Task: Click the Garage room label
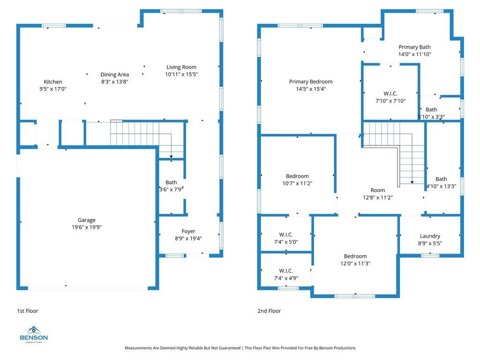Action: [87, 220]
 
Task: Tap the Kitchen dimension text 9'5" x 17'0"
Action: [53, 89]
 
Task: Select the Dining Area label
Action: [115, 75]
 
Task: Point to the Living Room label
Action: [181, 67]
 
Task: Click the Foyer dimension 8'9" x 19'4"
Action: [188, 239]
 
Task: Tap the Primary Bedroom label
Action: [311, 82]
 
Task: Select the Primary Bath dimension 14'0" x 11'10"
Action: [414, 54]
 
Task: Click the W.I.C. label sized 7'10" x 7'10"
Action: [390, 94]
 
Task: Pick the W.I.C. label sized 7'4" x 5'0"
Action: [286, 234]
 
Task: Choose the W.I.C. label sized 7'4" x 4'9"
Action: [286, 271]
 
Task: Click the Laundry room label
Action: [430, 236]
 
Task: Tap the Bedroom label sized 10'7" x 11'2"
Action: [297, 176]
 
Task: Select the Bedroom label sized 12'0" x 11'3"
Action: [355, 256]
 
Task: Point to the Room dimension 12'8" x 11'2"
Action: [378, 198]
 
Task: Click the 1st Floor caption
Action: [28, 311]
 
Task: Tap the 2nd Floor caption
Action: [269, 311]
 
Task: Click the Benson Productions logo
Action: [34, 334]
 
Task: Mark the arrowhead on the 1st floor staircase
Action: [171, 157]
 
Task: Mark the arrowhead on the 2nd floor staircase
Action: [412, 182]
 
